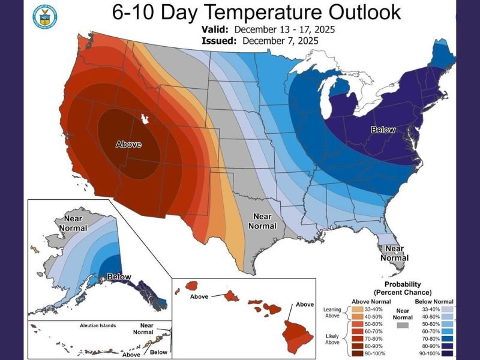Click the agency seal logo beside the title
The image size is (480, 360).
pyautogui.click(x=43, y=17)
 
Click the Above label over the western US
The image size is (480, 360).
pyautogui.click(x=128, y=144)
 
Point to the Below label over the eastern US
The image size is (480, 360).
pyautogui.click(x=367, y=129)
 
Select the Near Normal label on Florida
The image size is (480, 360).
pyautogui.click(x=394, y=253)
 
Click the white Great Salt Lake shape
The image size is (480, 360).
pyautogui.click(x=144, y=119)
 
